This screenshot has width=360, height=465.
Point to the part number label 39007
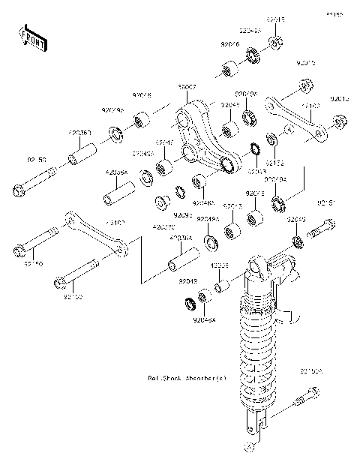[187, 88]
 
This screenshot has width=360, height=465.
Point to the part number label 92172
[274, 163]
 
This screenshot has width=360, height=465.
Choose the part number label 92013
[340, 97]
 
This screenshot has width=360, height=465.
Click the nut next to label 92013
[337, 118]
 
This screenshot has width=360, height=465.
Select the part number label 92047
[165, 141]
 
